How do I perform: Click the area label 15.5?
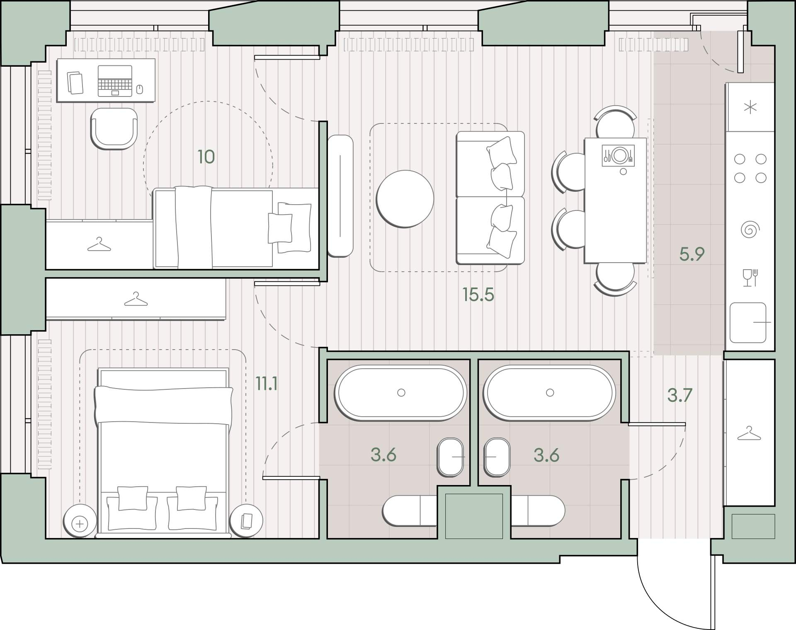click(x=478, y=295)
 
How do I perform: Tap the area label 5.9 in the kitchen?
click(x=692, y=254)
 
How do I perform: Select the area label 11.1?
click(x=266, y=384)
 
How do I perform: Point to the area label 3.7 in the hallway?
click(x=680, y=395)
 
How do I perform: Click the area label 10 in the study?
click(x=206, y=157)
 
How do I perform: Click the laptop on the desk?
click(x=115, y=81)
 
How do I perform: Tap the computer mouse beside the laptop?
click(x=140, y=89)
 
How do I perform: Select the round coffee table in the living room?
click(x=405, y=199)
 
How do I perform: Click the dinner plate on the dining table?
click(x=619, y=155)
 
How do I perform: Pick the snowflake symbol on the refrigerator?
click(x=750, y=108)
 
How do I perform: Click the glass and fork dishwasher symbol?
click(x=750, y=278)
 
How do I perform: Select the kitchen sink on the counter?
click(x=748, y=323)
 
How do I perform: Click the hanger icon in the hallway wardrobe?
click(x=749, y=433)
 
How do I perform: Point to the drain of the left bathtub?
click(x=401, y=392)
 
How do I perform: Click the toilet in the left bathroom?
click(x=410, y=511)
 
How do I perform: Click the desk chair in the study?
click(x=114, y=128)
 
